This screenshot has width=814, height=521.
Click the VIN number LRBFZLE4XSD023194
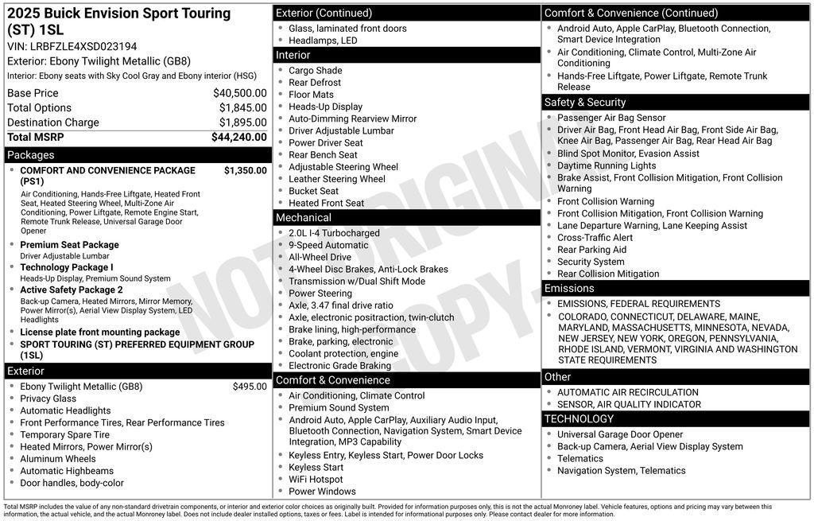point(83,46)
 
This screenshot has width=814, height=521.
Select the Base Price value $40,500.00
point(239,93)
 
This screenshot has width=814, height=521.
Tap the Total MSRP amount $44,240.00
point(238,137)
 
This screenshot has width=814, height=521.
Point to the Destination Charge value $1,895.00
point(242,122)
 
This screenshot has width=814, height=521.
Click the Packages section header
point(31,155)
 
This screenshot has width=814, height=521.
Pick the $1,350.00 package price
point(245,170)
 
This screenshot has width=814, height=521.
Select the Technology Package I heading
point(67,267)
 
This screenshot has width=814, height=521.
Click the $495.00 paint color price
point(250,387)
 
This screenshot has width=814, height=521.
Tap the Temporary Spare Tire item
point(65,435)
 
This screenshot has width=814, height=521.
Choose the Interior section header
point(293,55)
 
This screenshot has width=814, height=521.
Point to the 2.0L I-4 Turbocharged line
point(334,233)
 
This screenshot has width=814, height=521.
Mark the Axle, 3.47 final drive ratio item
point(340,305)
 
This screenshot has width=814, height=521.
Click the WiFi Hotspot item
point(316,480)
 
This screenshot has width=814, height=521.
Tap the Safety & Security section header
point(585,102)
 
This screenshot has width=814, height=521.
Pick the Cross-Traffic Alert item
point(595,237)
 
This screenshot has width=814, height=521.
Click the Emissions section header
point(569,288)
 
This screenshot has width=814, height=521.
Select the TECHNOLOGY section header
point(579,418)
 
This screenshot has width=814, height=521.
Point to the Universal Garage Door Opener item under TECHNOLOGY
point(620,434)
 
